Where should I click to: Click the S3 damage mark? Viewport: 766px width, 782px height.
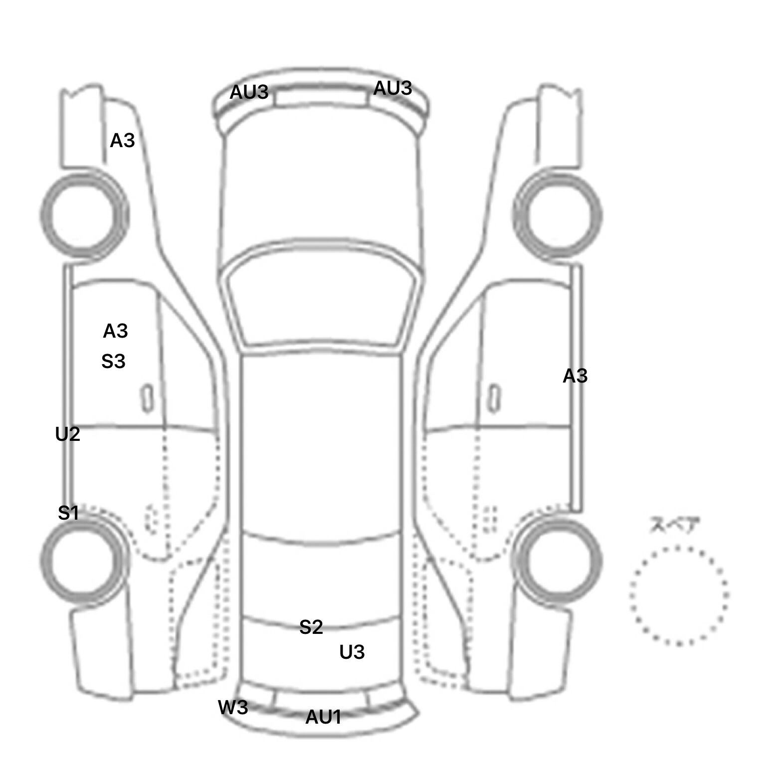coord(113,362)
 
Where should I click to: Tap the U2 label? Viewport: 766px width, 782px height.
coord(67,434)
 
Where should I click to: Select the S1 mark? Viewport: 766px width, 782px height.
coord(68,513)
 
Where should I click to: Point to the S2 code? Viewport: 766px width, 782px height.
coord(311,627)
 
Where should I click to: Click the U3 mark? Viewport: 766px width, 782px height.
coord(352,652)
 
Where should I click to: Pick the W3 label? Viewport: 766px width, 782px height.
coord(233,707)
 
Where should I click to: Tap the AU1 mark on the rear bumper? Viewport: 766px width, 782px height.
coord(323,717)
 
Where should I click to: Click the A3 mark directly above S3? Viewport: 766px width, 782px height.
coord(115,331)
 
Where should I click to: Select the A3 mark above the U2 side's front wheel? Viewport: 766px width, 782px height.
coord(122,141)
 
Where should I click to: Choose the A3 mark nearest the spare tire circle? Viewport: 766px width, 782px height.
coord(575,376)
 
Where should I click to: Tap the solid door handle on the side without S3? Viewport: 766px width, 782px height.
coord(494,398)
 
